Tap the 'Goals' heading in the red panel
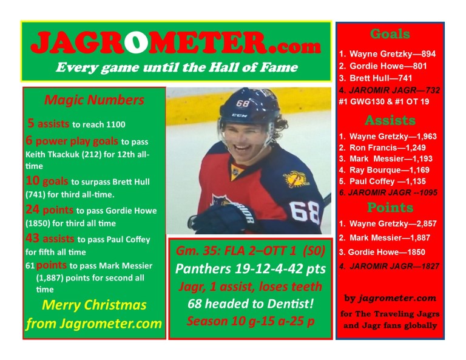(390, 35)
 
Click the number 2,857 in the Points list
(422, 223)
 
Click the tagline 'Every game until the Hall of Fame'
(177, 67)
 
